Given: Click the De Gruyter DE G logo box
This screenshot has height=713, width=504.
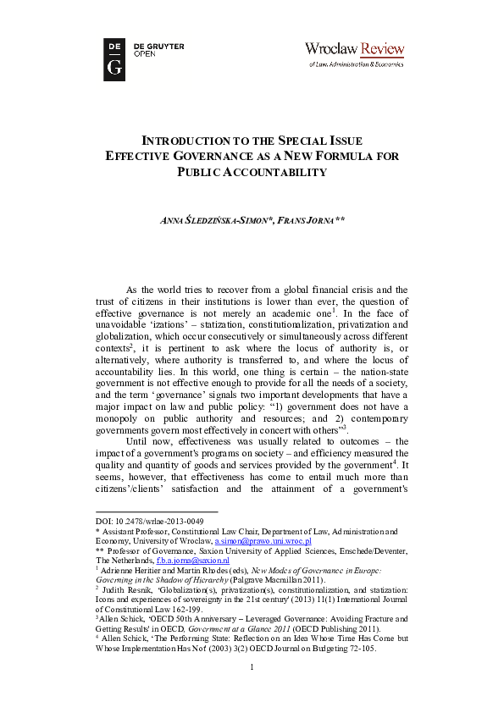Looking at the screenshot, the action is (x=114, y=59).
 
